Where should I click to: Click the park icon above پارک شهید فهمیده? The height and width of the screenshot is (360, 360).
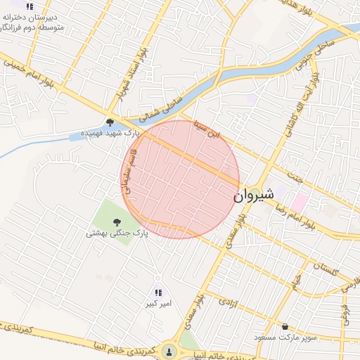pyautogui.click(x=110, y=121)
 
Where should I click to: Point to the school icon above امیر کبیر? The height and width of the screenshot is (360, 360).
pyautogui.click(x=158, y=292)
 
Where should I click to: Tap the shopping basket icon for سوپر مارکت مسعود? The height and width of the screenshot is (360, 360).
pyautogui.click(x=284, y=327)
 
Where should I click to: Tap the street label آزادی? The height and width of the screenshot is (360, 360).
pyautogui.click(x=227, y=304)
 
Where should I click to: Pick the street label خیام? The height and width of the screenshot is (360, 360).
pyautogui.click(x=296, y=281)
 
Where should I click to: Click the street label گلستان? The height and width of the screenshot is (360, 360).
pyautogui.click(x=323, y=268)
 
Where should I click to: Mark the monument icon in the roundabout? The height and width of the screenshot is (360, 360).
pyautogui.click(x=168, y=349)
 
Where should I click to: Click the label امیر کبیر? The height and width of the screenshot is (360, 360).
pyautogui.click(x=158, y=304)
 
